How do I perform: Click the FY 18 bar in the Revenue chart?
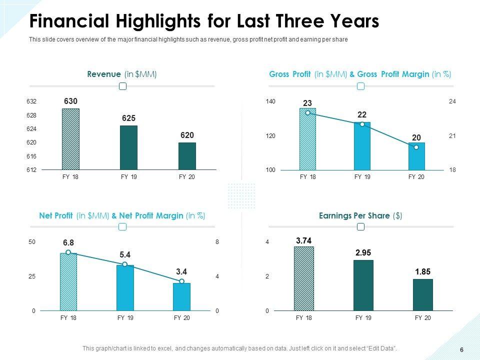pyautogui.click(x=70, y=139)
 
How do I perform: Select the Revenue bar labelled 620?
pyautogui.click(x=187, y=156)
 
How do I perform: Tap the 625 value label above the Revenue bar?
pyautogui.click(x=128, y=118)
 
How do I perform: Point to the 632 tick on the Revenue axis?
pyautogui.click(x=31, y=101)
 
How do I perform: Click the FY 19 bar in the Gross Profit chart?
pyautogui.click(x=362, y=146)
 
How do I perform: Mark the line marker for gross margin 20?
pyautogui.click(x=416, y=147)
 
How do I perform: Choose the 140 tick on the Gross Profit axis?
pyautogui.click(x=270, y=101)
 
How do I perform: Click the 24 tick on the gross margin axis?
pyautogui.click(x=452, y=101)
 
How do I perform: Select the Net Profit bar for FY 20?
pyautogui.click(x=181, y=297)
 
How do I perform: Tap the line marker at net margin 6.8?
pyautogui.click(x=68, y=252)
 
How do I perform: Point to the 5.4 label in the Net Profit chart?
pyautogui.click(x=125, y=254)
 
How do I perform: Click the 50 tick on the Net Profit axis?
pyautogui.click(x=32, y=242)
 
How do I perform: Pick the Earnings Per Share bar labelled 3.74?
pyautogui.click(x=304, y=278)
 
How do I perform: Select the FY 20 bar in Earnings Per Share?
pyautogui.click(x=422, y=295)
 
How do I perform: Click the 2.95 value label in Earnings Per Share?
pyautogui.click(x=363, y=252)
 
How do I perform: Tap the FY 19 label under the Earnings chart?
pyautogui.click(x=363, y=318)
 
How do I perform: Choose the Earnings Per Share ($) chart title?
pyautogui.click(x=360, y=215)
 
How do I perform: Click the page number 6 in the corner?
pyautogui.click(x=461, y=349)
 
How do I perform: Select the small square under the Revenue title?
pyautogui.click(x=122, y=86)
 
